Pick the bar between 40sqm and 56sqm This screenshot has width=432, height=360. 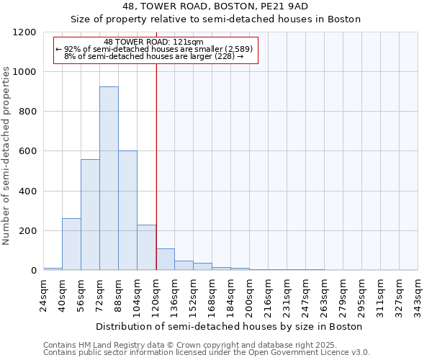tap(71, 244)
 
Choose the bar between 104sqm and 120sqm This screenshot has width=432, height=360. tap(146, 248)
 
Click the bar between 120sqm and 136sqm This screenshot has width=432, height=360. tap(165, 259)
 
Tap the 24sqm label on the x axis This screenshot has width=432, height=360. tap(44, 294)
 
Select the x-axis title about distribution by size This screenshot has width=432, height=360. tap(230, 326)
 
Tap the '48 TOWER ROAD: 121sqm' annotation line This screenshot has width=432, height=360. tap(153, 42)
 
